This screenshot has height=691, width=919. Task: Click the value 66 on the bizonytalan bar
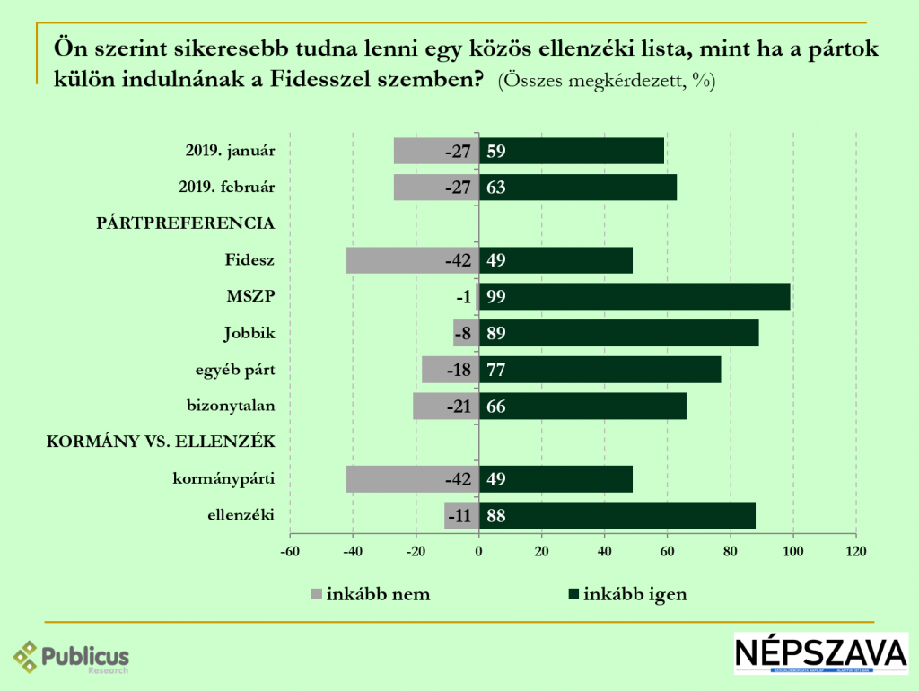(x=496, y=407)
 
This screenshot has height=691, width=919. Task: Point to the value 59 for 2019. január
(x=496, y=151)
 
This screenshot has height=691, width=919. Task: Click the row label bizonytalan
(x=230, y=406)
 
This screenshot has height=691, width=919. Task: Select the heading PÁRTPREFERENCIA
(x=185, y=223)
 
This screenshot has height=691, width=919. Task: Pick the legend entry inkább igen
(x=634, y=594)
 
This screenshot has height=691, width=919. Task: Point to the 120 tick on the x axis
(x=855, y=550)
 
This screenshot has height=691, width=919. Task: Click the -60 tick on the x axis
(x=290, y=550)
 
